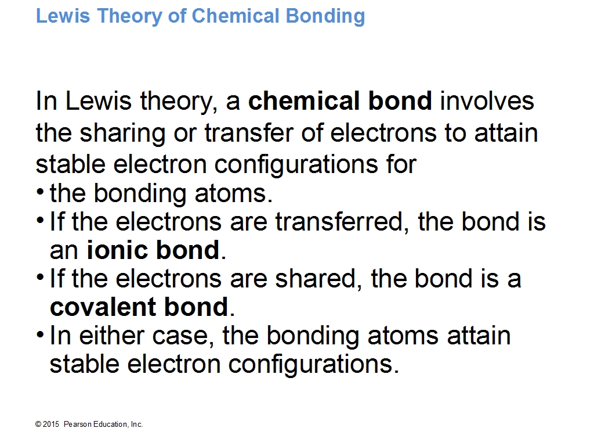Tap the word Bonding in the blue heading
(x=325, y=17)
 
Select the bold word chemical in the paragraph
(x=304, y=100)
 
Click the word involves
(x=487, y=100)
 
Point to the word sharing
(x=123, y=134)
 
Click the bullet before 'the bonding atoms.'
(x=40, y=191)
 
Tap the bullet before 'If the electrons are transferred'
(x=40, y=220)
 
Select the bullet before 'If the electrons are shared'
(x=40, y=276)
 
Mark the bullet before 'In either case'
(x=40, y=334)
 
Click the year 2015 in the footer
(x=51, y=425)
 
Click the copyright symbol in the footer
(x=38, y=425)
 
